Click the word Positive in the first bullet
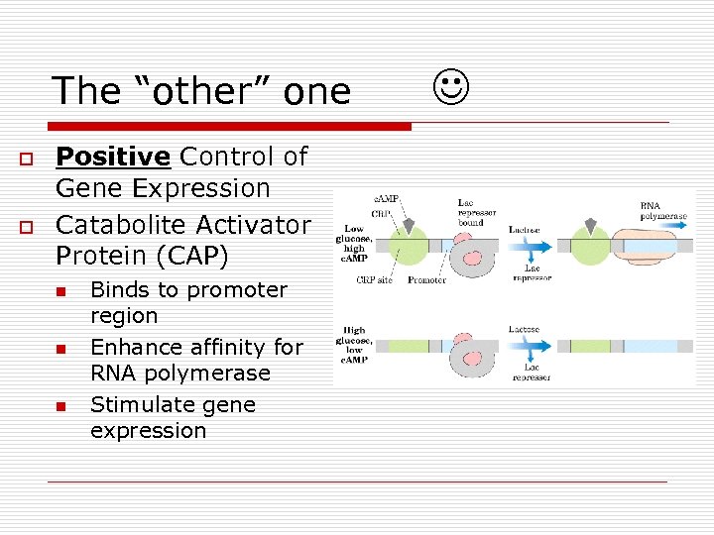coord(113,157)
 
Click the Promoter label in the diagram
coord(427,280)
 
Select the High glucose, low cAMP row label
coord(354,345)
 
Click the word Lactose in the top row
coord(525,230)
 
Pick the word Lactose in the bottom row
coord(526,329)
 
